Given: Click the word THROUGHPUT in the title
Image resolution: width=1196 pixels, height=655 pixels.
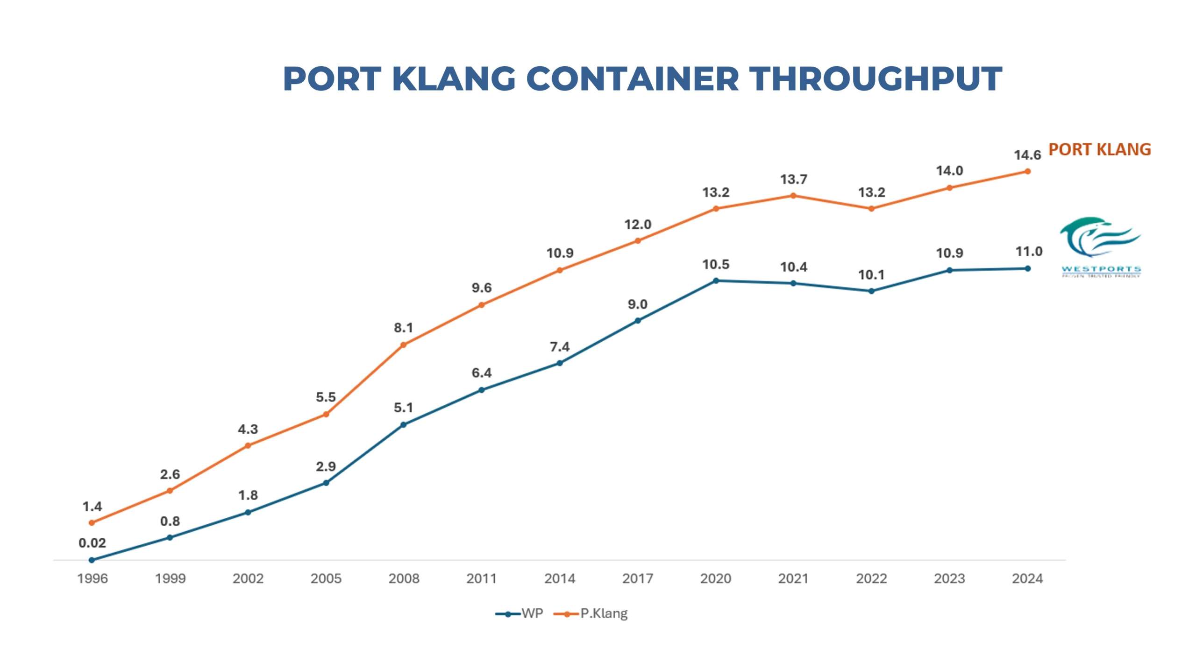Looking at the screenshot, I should tap(876, 78).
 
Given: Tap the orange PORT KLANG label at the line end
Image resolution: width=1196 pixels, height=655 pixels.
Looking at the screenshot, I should tap(1099, 149).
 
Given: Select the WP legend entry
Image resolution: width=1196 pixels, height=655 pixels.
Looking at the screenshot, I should tap(520, 613).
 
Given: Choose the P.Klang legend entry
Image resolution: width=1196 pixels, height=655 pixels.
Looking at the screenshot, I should tap(591, 613).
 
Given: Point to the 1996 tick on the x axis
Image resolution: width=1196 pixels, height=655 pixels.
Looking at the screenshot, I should tap(92, 578).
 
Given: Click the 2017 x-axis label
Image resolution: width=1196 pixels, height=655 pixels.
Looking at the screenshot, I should tap(637, 578).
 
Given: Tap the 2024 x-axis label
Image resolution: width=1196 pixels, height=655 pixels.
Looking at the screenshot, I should tap(1027, 578).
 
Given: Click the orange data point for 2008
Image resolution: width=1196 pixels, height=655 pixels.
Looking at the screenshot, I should tap(404, 345).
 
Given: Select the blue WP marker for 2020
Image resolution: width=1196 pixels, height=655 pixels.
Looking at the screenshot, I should tap(716, 281).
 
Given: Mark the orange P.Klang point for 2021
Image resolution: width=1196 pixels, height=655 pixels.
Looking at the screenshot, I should tap(793, 196).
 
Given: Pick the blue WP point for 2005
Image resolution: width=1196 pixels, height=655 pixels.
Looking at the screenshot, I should tap(326, 483).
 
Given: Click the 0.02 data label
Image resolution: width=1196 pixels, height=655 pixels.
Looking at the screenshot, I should tap(92, 543).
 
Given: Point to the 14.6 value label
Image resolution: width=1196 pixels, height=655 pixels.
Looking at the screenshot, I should tap(1027, 155).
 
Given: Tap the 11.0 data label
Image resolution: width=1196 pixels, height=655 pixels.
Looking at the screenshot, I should tap(1029, 252).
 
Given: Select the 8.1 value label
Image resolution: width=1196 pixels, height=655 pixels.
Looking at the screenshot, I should tap(404, 328).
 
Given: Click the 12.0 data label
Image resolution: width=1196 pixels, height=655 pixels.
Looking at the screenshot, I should tap(638, 225).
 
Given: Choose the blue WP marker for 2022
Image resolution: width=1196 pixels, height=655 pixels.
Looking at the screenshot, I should tap(871, 291).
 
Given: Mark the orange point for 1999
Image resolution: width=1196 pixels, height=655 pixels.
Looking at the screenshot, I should tap(170, 491).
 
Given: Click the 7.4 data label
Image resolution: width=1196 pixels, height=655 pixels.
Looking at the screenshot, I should tap(560, 347).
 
